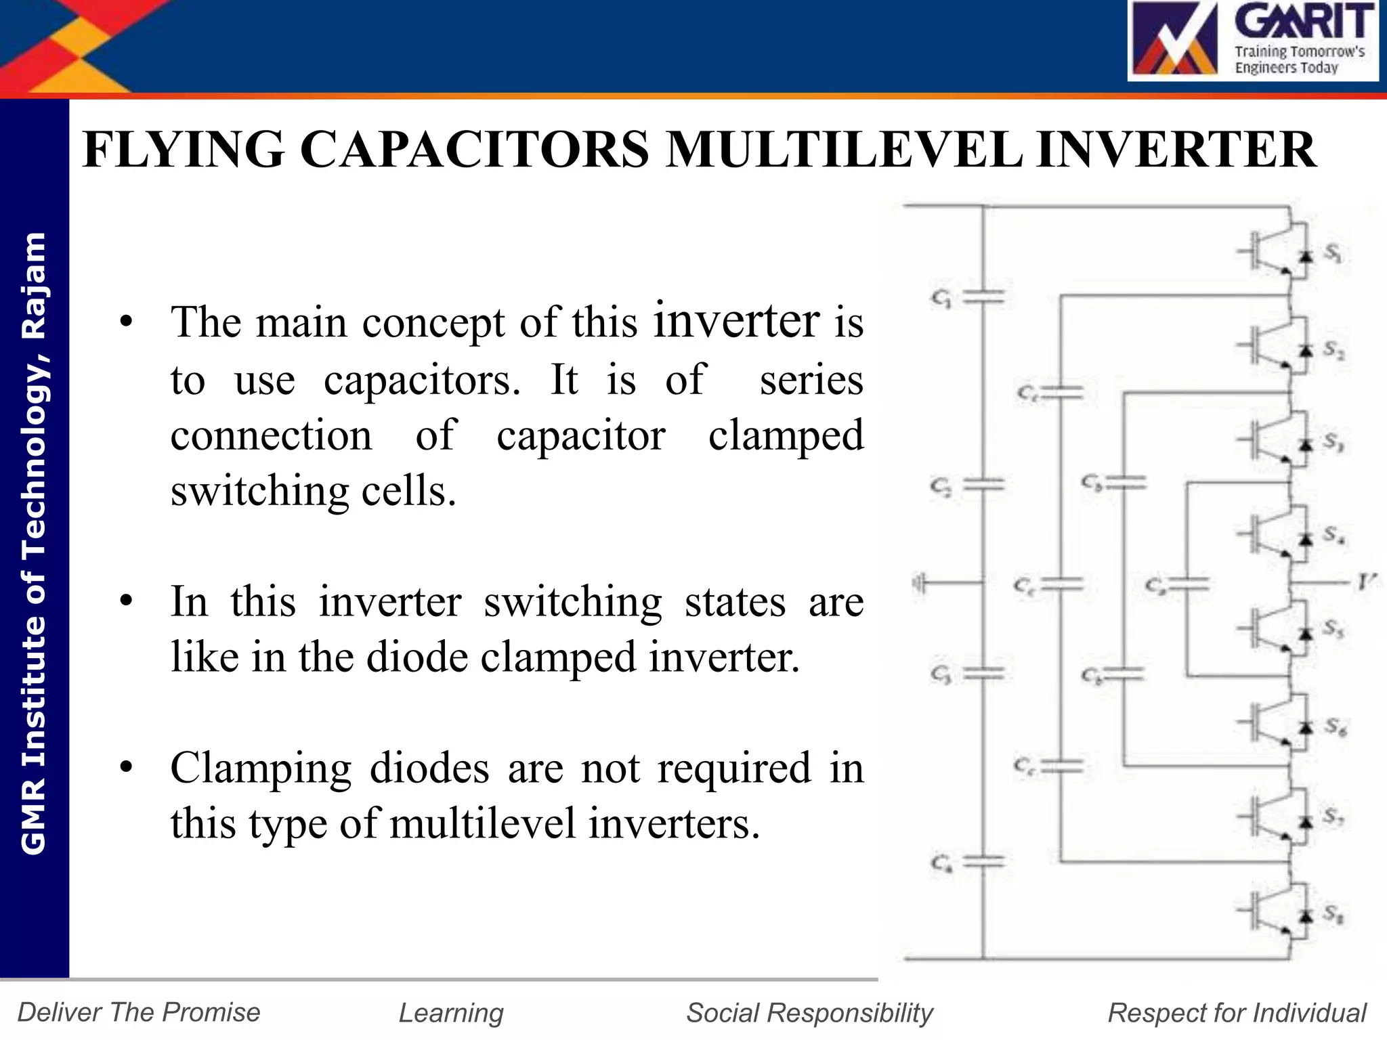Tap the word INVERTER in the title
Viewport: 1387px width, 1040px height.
pyautogui.click(x=1176, y=150)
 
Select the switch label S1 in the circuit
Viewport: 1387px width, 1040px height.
pyautogui.click(x=1333, y=253)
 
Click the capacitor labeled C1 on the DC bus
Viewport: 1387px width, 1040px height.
pyautogui.click(x=983, y=296)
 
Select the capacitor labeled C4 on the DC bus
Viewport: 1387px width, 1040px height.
pyautogui.click(x=983, y=862)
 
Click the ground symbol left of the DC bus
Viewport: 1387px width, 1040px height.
pyautogui.click(x=920, y=583)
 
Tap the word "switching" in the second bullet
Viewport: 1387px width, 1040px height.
pyautogui.click(x=572, y=602)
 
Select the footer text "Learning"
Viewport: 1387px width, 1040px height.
pyautogui.click(x=451, y=1013)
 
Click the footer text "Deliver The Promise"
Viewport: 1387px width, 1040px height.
pyautogui.click(x=139, y=1012)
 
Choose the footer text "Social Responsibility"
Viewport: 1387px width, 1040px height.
pyautogui.click(x=809, y=1013)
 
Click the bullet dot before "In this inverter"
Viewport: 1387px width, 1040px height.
pyautogui.click(x=126, y=602)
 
